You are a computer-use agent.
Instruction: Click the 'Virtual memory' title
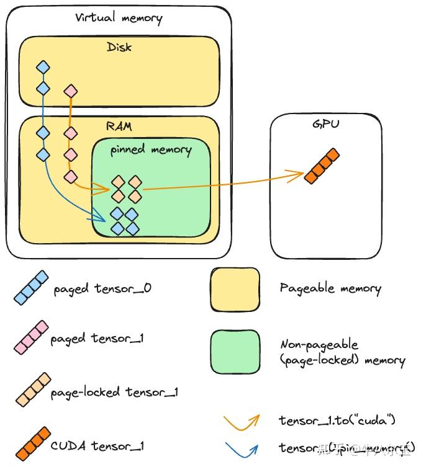[x=119, y=17]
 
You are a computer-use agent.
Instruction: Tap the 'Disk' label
[x=119, y=47]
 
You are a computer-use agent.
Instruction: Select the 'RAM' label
[x=119, y=127]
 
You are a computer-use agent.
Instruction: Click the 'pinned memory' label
[x=151, y=149]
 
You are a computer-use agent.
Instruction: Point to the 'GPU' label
[x=326, y=125]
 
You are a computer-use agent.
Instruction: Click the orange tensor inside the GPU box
[x=322, y=166]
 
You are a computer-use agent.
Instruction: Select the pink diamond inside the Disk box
[x=71, y=91]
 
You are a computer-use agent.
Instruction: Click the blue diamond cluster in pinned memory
[x=124, y=221]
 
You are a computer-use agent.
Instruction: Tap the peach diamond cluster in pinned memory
[x=126, y=189]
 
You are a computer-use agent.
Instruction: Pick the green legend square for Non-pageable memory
[x=235, y=352]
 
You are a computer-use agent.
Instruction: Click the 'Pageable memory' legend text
[x=330, y=288]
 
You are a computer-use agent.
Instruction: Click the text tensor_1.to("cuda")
[x=337, y=420]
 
